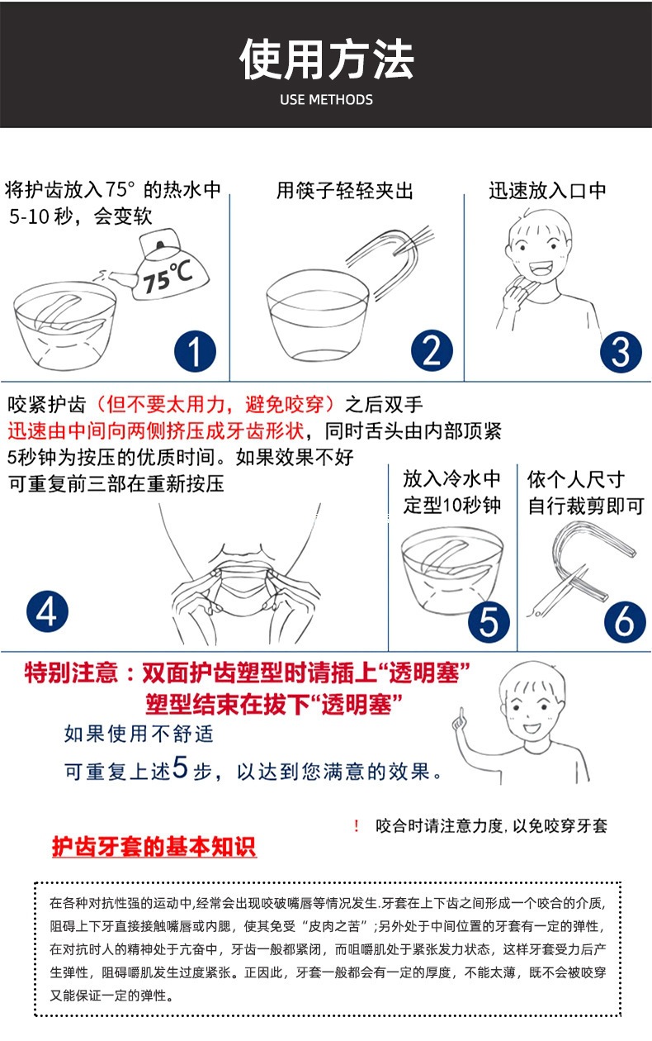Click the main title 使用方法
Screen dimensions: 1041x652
tap(326, 59)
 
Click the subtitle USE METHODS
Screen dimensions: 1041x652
tap(326, 100)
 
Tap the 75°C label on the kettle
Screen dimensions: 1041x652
tap(168, 277)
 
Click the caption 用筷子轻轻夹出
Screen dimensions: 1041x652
tap(344, 191)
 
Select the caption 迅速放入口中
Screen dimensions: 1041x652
tap(547, 190)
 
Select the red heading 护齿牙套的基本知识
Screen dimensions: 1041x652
tap(154, 848)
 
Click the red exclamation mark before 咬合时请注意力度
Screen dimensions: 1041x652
tap(356, 825)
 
